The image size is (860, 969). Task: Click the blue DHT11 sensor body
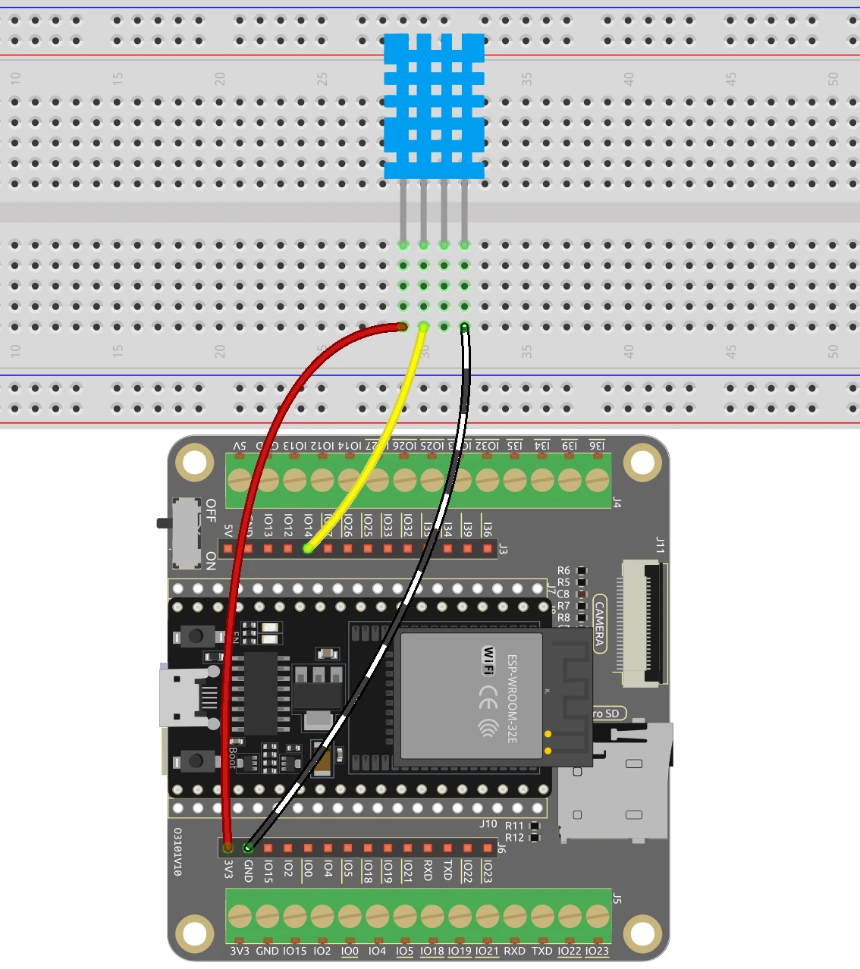[x=434, y=106]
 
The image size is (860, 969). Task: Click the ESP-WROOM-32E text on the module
[x=512, y=698]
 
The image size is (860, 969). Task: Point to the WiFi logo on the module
[x=489, y=660]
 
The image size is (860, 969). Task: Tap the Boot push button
[x=196, y=760]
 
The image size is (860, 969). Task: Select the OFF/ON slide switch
[x=187, y=533]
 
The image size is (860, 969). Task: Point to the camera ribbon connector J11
[x=643, y=622]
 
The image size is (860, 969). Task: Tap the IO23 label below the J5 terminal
[x=597, y=951]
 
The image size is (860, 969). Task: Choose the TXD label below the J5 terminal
[x=541, y=951]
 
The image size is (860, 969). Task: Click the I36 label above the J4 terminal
[x=597, y=446]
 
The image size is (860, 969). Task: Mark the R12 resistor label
[x=514, y=837]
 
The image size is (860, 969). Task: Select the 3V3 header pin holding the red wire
[x=228, y=847]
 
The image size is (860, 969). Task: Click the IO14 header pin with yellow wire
[x=307, y=548]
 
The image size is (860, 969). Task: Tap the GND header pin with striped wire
[x=248, y=847]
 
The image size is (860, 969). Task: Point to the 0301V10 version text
[x=177, y=851]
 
